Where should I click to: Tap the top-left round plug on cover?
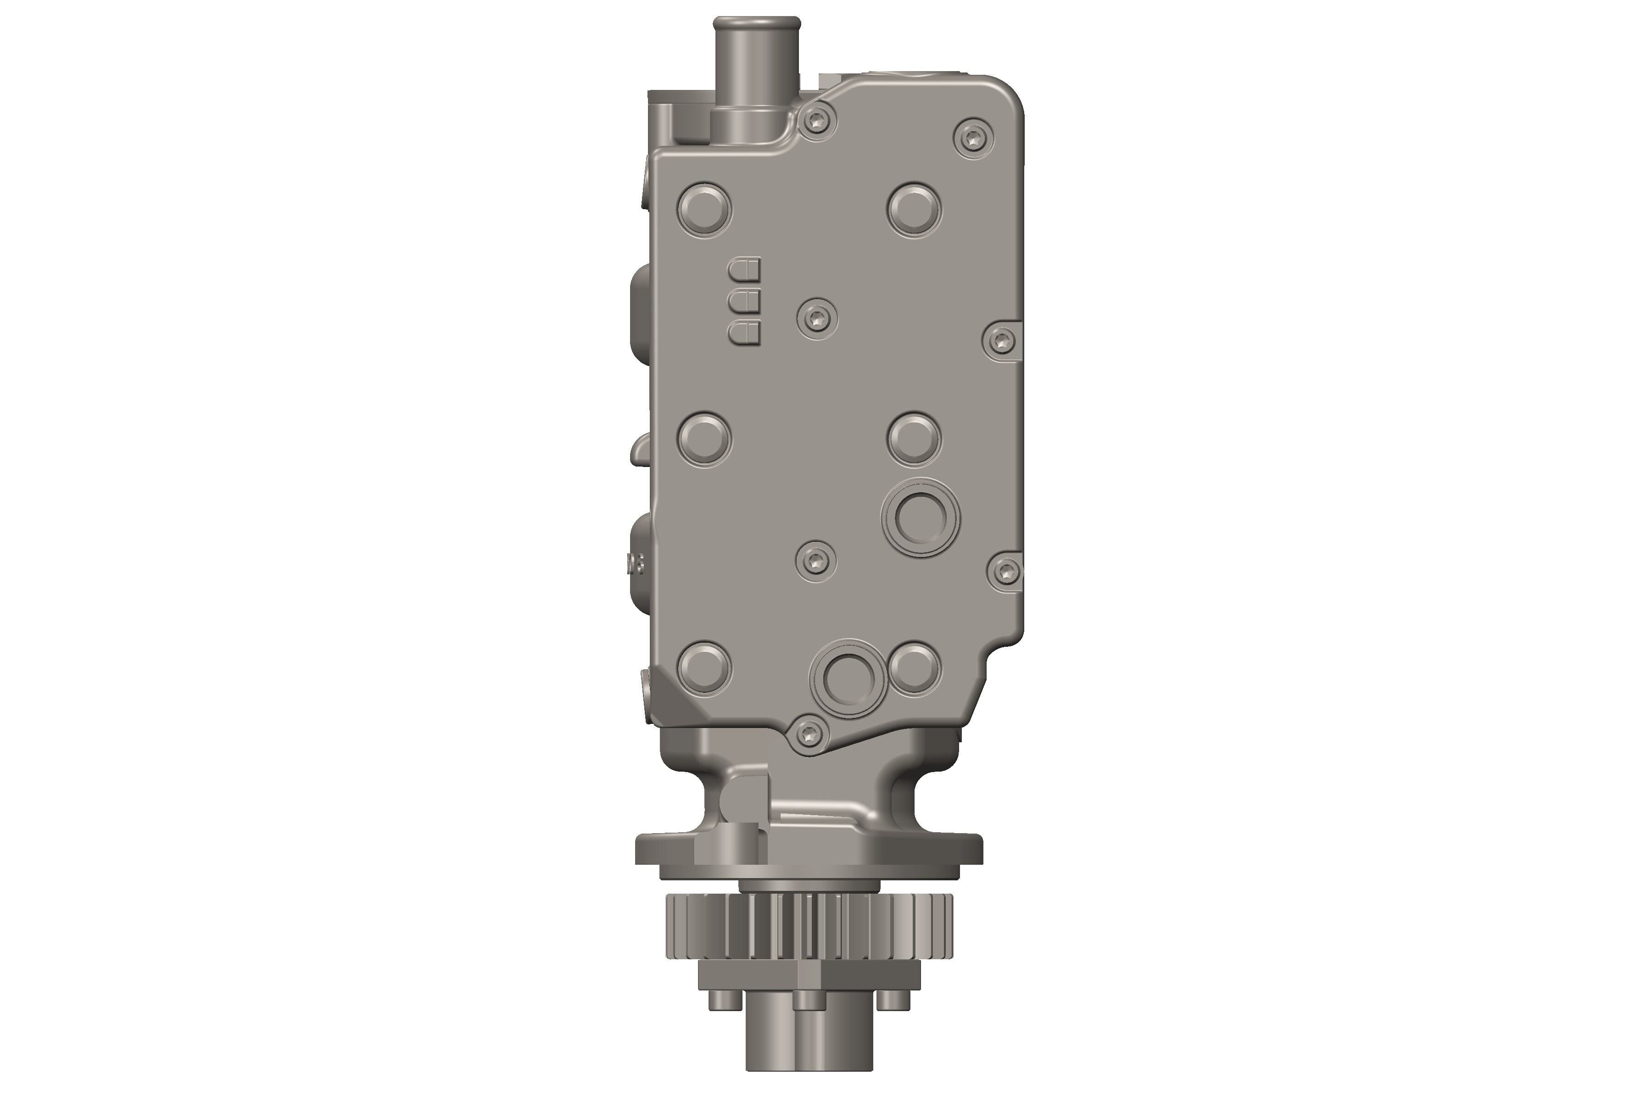[x=704, y=209]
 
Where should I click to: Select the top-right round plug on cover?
[x=915, y=209]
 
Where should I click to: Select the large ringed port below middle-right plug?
[x=920, y=520]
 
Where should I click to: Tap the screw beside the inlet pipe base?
[x=818, y=122]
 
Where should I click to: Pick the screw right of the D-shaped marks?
[x=817, y=319]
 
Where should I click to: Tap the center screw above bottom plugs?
[x=815, y=560]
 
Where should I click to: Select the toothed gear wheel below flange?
[x=808, y=927]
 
